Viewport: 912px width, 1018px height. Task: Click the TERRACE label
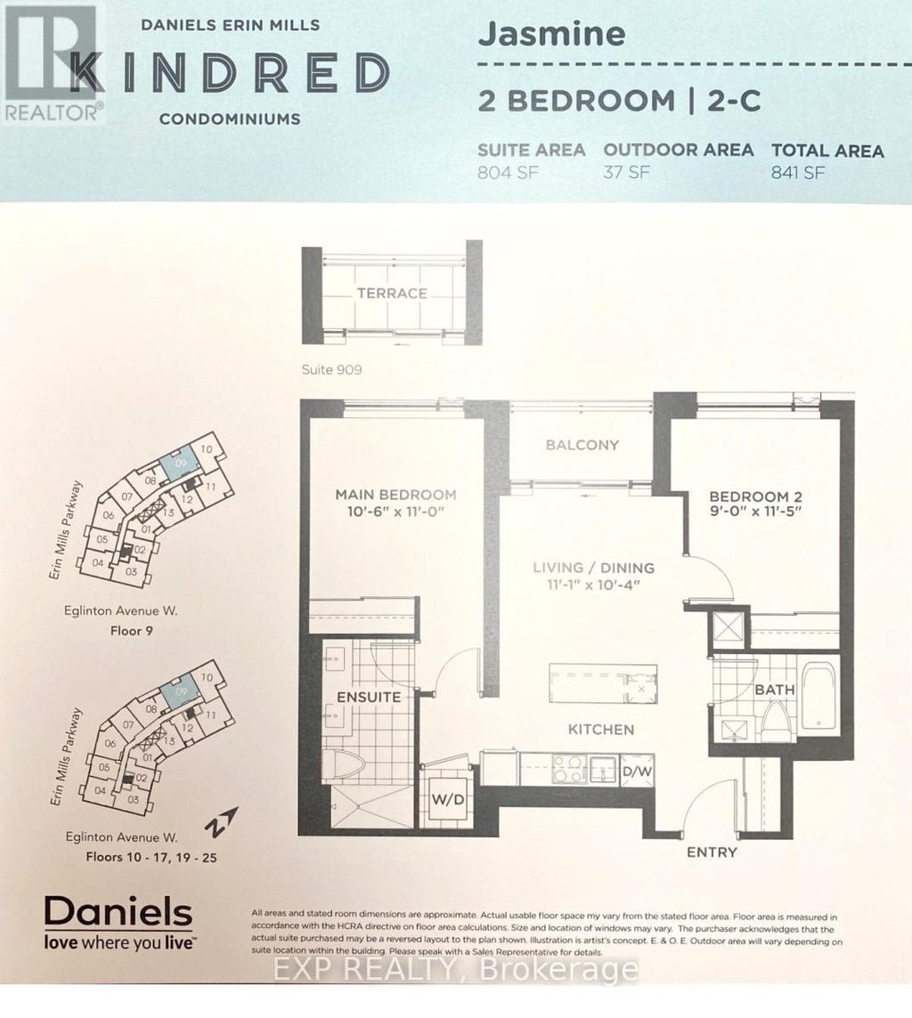point(392,293)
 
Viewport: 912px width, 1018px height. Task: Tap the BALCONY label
point(582,445)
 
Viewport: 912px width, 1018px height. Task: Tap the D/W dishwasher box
point(638,771)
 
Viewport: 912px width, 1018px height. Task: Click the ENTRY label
point(712,852)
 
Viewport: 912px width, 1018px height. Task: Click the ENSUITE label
point(368,697)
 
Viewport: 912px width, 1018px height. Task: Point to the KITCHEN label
point(602,730)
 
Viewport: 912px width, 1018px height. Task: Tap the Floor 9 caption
point(132,637)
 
